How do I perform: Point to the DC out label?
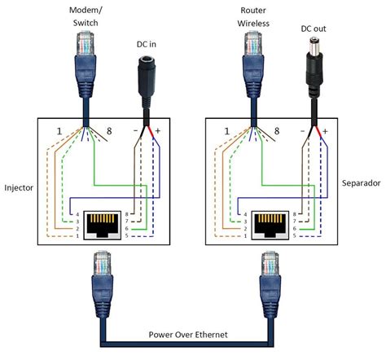click(314, 30)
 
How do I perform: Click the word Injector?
click(17, 187)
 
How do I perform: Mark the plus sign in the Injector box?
click(159, 130)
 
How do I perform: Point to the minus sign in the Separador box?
click(301, 130)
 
